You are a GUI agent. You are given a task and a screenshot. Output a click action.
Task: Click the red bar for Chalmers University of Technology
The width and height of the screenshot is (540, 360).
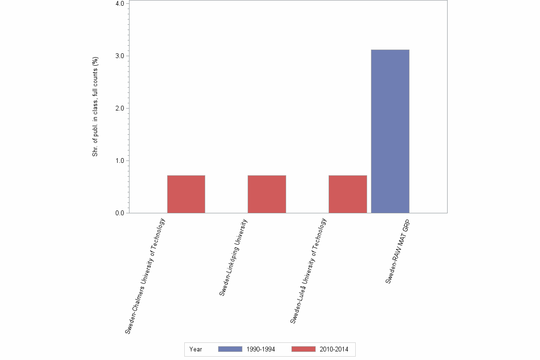click(186, 194)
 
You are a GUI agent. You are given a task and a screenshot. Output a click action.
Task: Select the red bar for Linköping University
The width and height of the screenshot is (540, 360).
click(267, 194)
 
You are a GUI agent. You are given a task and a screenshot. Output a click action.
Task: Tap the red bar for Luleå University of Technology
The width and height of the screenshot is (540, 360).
click(348, 194)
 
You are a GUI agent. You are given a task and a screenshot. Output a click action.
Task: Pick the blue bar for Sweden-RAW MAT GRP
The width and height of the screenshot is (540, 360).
click(390, 131)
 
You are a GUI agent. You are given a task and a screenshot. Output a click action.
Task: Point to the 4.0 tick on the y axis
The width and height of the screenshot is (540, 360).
click(120, 4)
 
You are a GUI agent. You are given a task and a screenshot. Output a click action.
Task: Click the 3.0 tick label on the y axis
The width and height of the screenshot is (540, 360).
click(120, 56)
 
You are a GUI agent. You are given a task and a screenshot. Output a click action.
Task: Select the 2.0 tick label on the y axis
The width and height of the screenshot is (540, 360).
click(120, 108)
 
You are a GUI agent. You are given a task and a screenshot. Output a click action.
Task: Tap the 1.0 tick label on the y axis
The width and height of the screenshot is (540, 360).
click(120, 160)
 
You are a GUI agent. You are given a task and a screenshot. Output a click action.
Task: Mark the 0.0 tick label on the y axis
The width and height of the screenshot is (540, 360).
click(120, 213)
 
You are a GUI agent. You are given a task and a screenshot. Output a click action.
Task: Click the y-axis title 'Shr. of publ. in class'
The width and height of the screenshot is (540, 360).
click(96, 107)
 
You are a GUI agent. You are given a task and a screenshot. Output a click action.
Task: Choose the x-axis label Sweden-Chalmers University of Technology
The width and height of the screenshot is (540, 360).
click(145, 276)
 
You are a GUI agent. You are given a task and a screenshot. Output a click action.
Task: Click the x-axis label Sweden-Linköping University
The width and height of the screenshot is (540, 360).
click(233, 258)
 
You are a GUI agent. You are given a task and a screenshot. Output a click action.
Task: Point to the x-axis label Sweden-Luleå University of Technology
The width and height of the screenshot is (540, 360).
click(308, 271)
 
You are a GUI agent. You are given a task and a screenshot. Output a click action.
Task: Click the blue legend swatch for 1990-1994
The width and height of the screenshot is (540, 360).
click(230, 350)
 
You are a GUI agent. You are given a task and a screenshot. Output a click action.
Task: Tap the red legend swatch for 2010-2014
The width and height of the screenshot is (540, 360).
click(303, 350)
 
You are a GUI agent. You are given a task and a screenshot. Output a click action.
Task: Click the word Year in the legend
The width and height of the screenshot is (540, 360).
click(196, 350)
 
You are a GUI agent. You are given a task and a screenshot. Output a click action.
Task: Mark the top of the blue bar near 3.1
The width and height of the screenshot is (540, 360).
click(390, 50)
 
